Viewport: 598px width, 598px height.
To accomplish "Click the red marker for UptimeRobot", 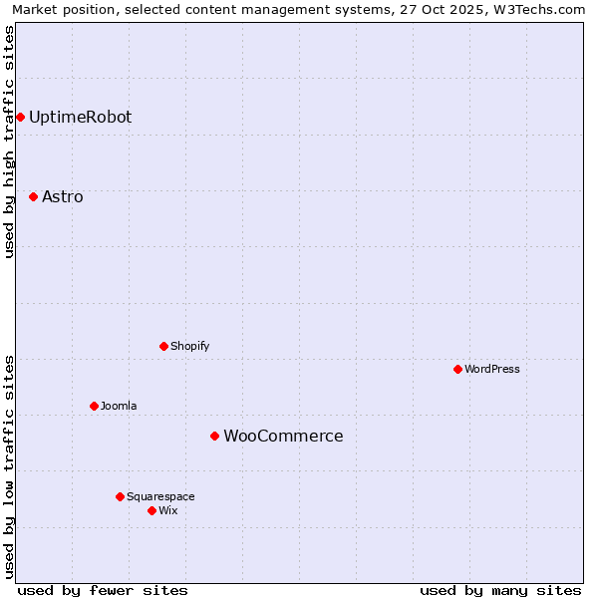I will (x=20, y=117).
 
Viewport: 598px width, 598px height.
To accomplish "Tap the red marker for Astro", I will (x=33, y=196).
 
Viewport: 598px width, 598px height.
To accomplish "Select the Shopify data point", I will (x=163, y=346).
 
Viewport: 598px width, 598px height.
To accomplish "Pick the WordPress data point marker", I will (x=457, y=369).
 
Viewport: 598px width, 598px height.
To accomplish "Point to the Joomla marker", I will (x=94, y=406).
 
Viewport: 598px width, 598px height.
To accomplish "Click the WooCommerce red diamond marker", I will (x=214, y=436).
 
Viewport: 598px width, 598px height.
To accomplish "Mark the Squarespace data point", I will (x=120, y=496).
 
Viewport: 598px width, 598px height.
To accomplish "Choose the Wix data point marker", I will (x=151, y=510).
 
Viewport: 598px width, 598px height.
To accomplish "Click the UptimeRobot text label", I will (x=80, y=117).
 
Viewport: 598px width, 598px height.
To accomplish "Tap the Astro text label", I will (x=63, y=196).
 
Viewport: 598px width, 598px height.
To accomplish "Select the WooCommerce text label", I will (x=283, y=436).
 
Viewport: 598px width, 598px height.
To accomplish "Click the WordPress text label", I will (x=492, y=369).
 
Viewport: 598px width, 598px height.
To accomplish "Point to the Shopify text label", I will (x=189, y=346).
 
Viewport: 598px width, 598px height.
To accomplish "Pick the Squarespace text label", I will (x=160, y=496).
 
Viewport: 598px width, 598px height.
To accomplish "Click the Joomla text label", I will (x=119, y=406).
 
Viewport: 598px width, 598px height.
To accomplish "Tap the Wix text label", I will (x=168, y=510).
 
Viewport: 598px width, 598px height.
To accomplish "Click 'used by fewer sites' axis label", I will (x=103, y=590).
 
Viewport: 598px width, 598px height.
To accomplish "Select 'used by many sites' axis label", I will (x=500, y=590).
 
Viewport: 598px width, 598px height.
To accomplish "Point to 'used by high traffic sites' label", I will (x=9, y=142).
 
